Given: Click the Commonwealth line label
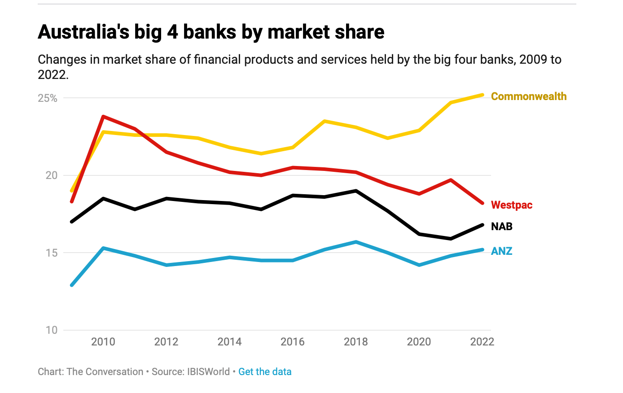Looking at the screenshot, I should point(528,96).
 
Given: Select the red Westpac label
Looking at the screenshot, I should point(511,205).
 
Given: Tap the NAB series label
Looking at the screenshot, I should point(501,227).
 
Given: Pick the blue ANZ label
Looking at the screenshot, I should point(501,251).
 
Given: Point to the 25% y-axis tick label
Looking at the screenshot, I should point(48,98).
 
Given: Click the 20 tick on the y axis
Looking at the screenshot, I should point(52,175).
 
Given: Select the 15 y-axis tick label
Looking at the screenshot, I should point(52,253).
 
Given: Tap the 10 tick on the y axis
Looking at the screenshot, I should point(52,330).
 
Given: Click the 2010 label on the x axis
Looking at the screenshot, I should point(103,342).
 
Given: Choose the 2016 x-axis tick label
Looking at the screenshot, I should point(293,342).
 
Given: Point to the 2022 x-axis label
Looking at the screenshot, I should point(482,342).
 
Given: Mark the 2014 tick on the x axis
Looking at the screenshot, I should point(229,342).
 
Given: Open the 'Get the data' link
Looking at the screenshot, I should point(265,372).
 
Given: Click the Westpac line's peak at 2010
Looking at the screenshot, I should point(103,117).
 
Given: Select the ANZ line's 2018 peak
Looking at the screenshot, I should point(356,242).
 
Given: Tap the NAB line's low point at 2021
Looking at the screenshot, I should point(451,239).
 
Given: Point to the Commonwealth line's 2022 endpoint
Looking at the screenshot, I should point(483,95).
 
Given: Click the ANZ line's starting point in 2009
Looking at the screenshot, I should point(72,285).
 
